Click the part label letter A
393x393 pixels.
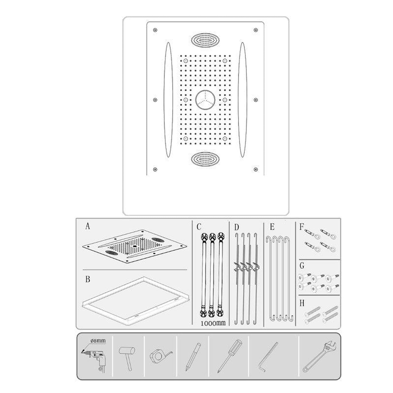[87, 226]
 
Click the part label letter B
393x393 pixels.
[88, 279]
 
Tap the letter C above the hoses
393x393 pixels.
[199, 227]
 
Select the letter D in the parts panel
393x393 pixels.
[236, 227]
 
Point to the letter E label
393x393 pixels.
[272, 227]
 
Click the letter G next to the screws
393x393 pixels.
[302, 265]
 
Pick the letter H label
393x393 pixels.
[302, 303]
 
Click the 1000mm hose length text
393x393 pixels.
[213, 323]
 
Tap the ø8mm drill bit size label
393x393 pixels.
[98, 341]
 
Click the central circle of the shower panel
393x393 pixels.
[205, 100]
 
